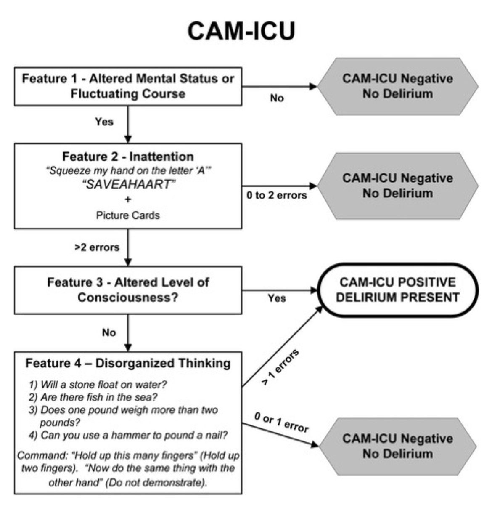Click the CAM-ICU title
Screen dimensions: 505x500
click(241, 31)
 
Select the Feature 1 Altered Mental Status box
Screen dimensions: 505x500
click(128, 86)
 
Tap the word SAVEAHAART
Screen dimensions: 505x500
click(128, 185)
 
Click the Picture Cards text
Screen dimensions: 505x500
click(128, 215)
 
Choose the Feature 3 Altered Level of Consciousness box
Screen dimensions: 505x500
click(128, 290)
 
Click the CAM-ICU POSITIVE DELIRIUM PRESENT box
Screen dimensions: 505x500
click(397, 290)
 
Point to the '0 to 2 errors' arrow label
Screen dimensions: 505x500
click(277, 195)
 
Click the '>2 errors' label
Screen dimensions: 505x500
click(97, 247)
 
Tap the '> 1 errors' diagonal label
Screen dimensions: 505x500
click(280, 367)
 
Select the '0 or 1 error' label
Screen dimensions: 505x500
click(281, 422)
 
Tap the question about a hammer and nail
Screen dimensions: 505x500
click(128, 435)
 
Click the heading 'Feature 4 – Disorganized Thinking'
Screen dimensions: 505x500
click(128, 363)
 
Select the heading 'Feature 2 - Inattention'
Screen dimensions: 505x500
click(128, 157)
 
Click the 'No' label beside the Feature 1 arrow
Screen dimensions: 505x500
click(277, 98)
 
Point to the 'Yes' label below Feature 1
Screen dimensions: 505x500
click(104, 122)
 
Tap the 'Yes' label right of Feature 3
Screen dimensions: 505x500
click(277, 298)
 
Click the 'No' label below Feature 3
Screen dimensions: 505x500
click(109, 332)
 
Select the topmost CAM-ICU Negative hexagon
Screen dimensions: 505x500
click(397, 86)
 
